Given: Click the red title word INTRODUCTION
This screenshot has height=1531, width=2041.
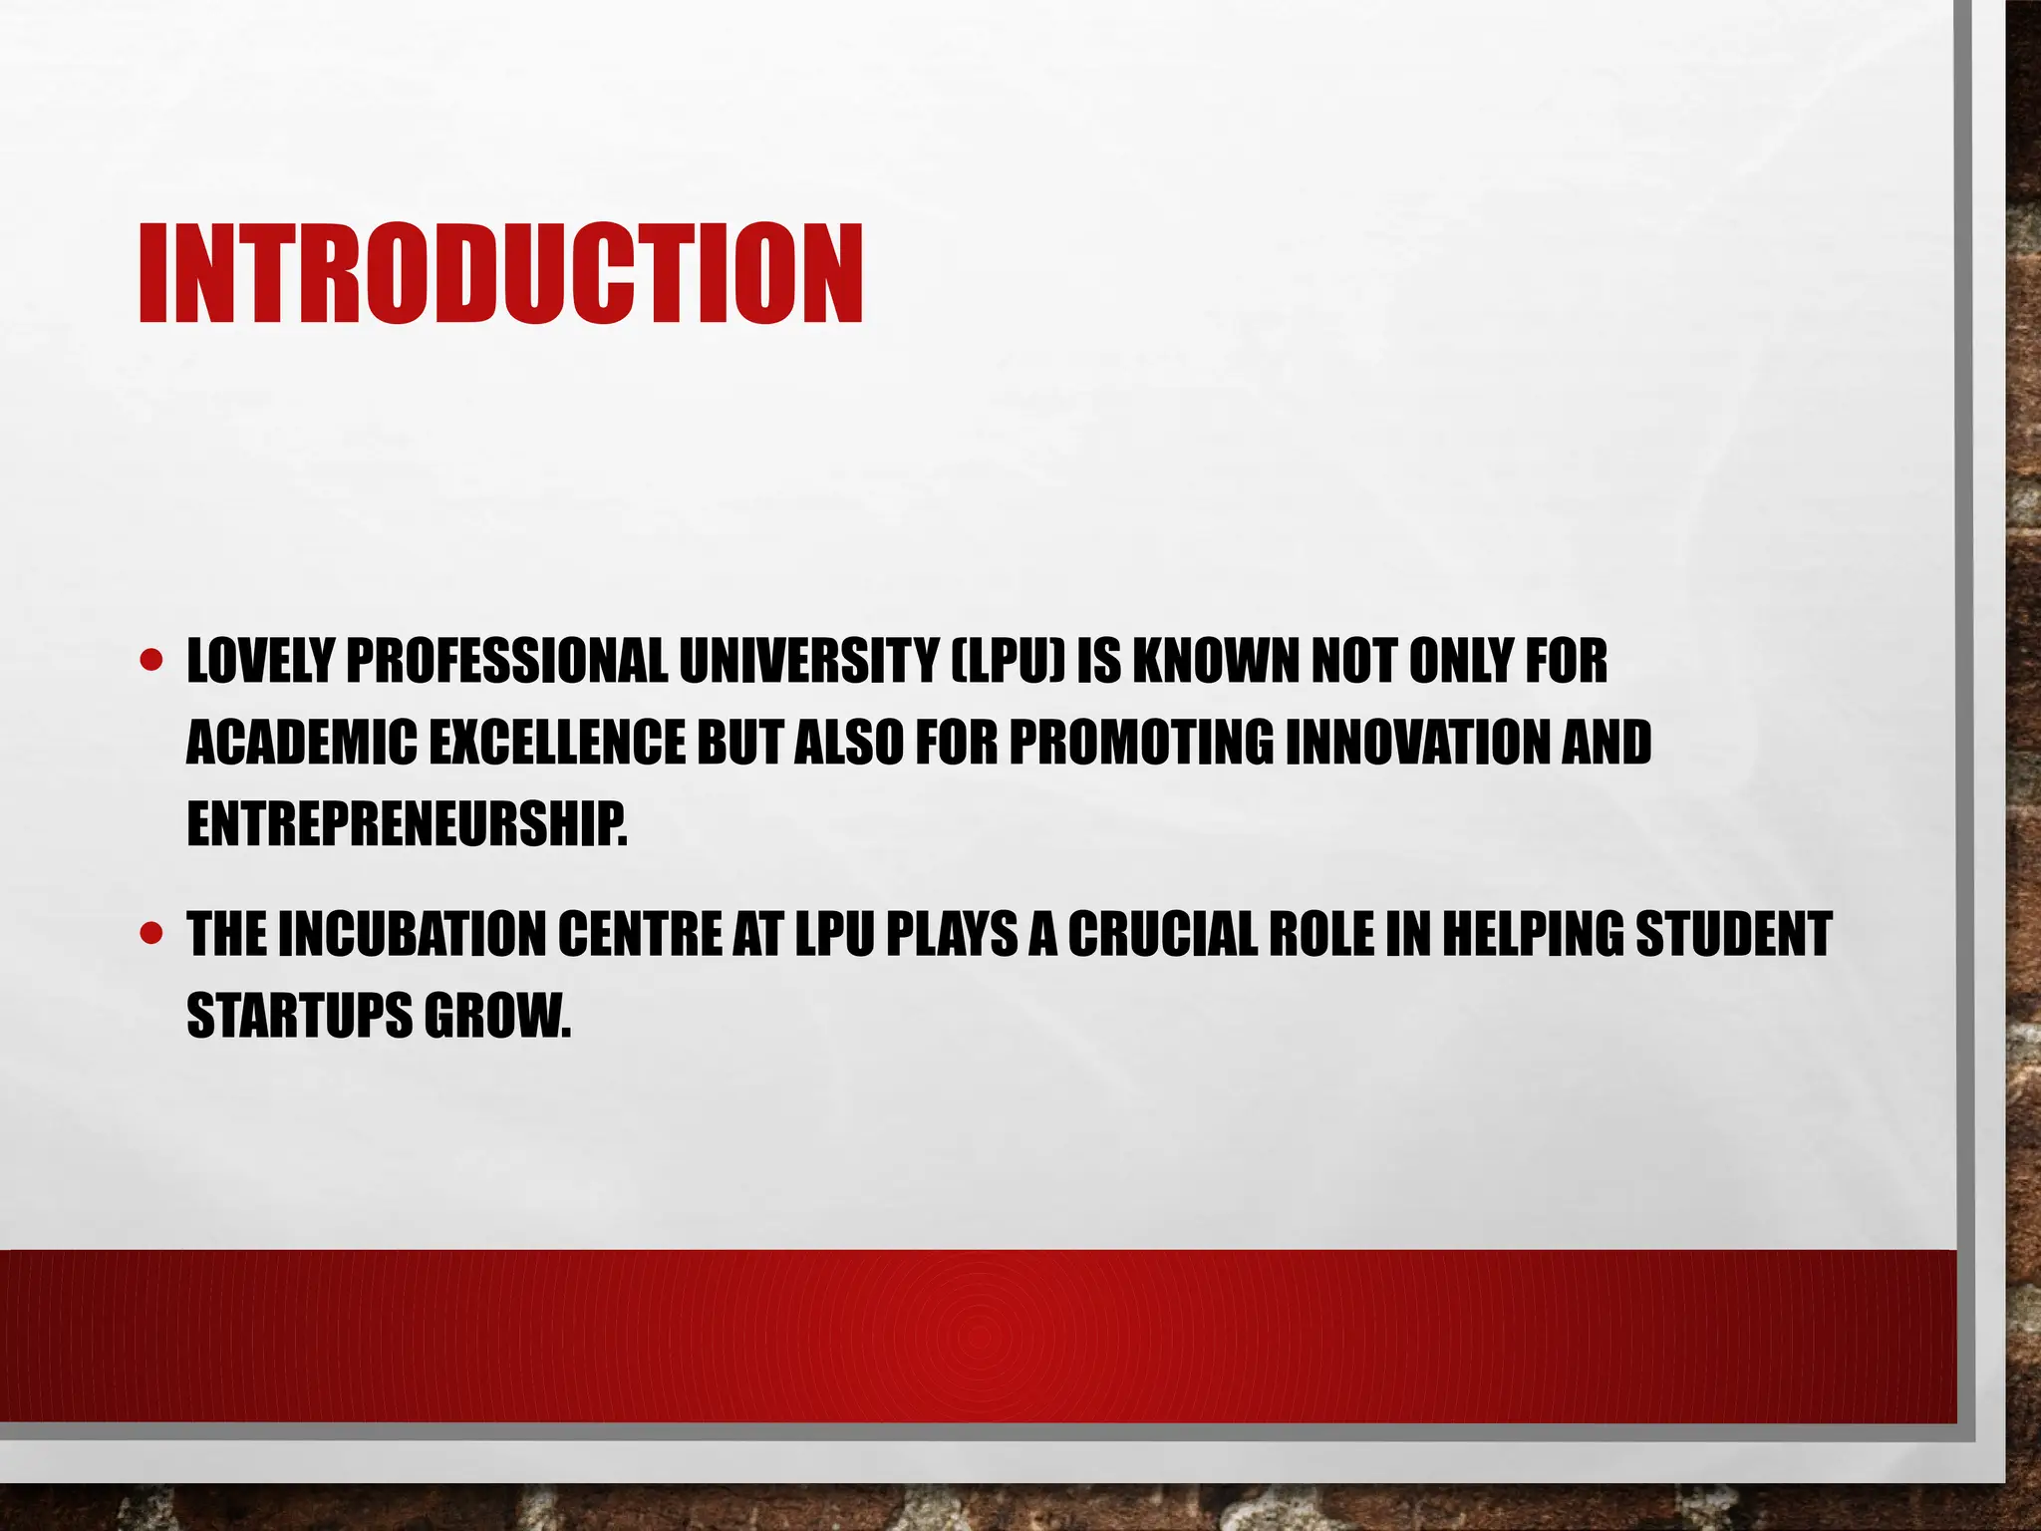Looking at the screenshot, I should point(500,273).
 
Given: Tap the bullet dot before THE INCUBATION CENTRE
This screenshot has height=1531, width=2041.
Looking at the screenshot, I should point(151,934).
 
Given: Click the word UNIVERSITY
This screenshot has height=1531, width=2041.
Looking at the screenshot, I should point(808,661).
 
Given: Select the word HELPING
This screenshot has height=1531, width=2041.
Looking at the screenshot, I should point(1531,934).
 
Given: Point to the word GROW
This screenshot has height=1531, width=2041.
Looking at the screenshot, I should point(497,1016).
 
